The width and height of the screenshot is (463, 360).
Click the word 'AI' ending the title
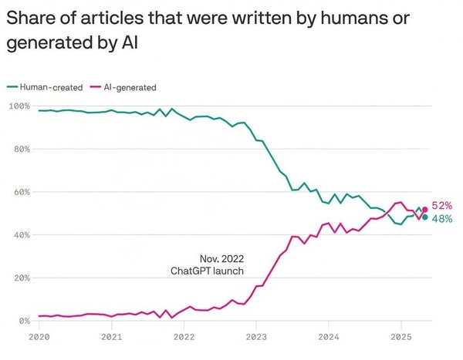point(130,42)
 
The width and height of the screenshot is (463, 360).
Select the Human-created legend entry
point(49,87)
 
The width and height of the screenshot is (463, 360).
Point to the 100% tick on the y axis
point(19,106)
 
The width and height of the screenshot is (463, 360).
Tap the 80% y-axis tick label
point(22,149)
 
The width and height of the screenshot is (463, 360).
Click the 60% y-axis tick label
point(22,192)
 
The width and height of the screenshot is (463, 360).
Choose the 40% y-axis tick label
point(22,234)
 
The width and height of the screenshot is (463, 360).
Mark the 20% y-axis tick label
point(22,278)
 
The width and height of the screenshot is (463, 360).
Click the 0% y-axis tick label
point(24,321)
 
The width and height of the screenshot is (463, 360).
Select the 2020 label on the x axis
point(39,337)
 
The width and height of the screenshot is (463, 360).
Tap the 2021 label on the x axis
point(111,337)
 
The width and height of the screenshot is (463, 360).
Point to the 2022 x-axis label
point(184,337)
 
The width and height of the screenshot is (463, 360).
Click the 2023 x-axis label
point(256,337)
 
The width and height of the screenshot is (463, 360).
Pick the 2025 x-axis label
point(400,337)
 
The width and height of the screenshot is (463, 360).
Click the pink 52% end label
point(441,206)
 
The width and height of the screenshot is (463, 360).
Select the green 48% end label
point(441,219)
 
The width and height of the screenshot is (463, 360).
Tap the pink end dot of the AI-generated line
point(424,209)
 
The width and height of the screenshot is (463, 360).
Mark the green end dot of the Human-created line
point(424,217)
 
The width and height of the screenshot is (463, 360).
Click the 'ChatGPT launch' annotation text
point(207,271)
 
